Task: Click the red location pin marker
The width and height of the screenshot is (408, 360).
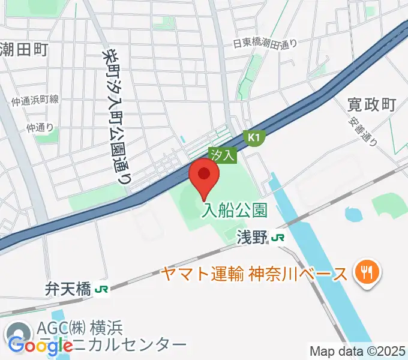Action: click(x=204, y=176)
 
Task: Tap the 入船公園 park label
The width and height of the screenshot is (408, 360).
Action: click(x=233, y=210)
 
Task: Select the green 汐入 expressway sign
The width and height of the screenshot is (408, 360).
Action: click(x=223, y=155)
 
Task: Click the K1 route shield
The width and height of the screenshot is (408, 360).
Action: click(x=254, y=138)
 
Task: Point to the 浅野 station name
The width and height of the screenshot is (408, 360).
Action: click(x=251, y=238)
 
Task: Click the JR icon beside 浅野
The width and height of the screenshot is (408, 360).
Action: click(x=277, y=238)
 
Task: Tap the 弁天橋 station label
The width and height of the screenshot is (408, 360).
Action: click(x=68, y=290)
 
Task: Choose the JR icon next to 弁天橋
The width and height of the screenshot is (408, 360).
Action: click(x=102, y=290)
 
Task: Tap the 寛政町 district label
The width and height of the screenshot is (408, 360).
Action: click(x=371, y=104)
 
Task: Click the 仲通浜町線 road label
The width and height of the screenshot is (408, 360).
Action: click(x=35, y=101)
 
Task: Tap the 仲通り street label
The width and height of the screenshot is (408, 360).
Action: click(x=40, y=127)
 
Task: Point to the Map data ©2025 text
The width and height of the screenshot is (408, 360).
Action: click(x=358, y=351)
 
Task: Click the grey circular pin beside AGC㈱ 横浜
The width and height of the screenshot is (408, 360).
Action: click(x=18, y=332)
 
